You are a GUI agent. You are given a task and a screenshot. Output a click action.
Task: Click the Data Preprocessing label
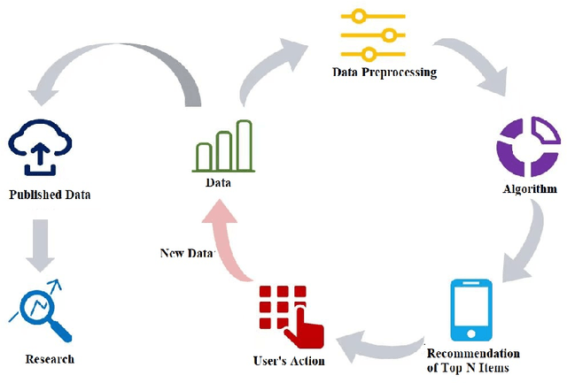click(x=384, y=72)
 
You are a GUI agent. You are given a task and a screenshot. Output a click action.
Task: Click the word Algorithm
click(x=529, y=188)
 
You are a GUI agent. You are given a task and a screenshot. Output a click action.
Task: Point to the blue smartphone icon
click(x=472, y=310)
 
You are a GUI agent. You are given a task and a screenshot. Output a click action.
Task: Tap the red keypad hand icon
click(x=290, y=316)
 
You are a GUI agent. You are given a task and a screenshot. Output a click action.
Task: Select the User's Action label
click(x=289, y=360)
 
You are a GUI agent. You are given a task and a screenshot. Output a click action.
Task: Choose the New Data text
click(x=187, y=253)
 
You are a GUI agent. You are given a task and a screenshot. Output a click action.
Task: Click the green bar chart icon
click(x=224, y=146)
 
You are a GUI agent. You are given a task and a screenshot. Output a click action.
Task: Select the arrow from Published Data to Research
click(x=40, y=243)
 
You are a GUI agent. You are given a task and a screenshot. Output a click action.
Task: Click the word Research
click(x=50, y=359)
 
